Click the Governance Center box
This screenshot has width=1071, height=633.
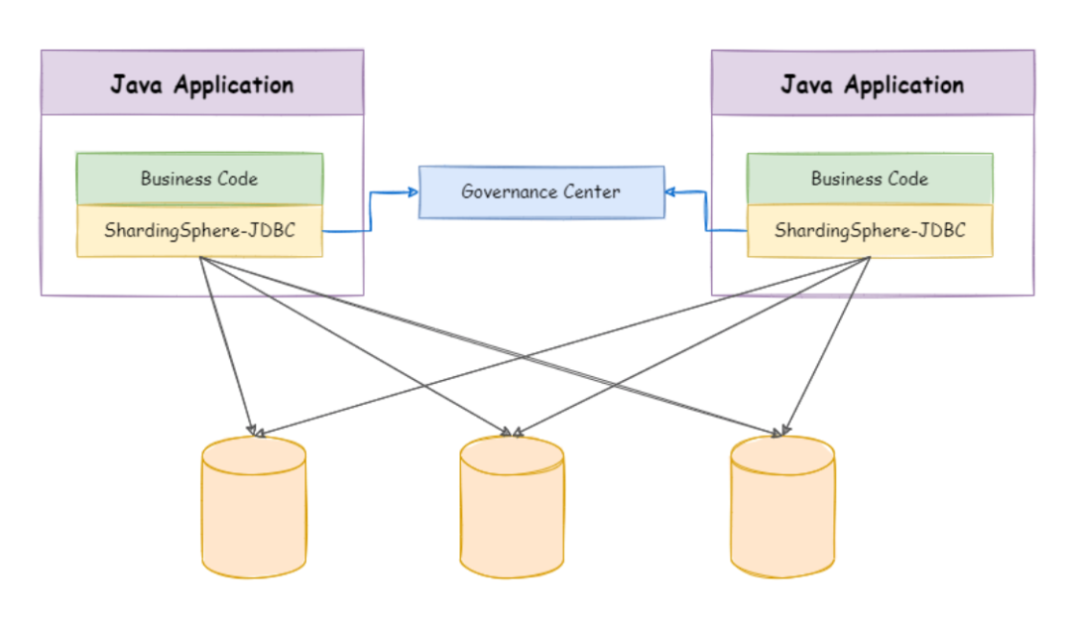point(541,191)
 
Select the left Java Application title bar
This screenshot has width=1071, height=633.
point(201,83)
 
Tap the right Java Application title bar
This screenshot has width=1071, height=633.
point(872,83)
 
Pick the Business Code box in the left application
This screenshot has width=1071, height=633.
point(199,179)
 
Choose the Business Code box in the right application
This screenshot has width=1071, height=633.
point(870,179)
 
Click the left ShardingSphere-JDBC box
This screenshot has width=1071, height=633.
point(199,231)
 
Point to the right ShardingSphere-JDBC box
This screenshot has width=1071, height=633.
point(870,231)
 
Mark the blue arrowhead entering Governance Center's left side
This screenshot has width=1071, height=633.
point(413,191)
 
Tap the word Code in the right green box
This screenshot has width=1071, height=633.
point(909,179)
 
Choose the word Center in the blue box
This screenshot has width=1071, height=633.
point(593,191)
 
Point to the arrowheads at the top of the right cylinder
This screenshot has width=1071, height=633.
point(781,432)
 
